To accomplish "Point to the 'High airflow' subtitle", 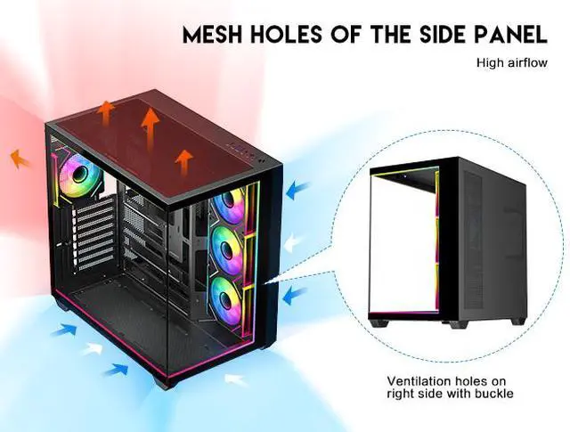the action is tap(510, 63).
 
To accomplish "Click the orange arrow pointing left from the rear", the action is tap(19, 160).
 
